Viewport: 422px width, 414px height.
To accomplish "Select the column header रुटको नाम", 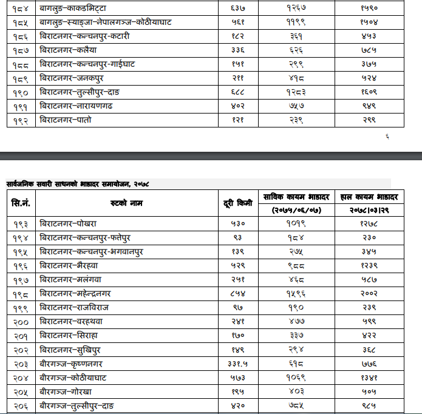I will coord(126,203).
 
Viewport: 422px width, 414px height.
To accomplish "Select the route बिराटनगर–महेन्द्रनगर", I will coord(75,294).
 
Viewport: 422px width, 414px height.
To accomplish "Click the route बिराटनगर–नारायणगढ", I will coord(76,106).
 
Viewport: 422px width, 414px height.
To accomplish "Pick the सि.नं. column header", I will coord(21,203).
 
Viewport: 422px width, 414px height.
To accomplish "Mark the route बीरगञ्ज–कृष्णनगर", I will coord(71,364).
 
